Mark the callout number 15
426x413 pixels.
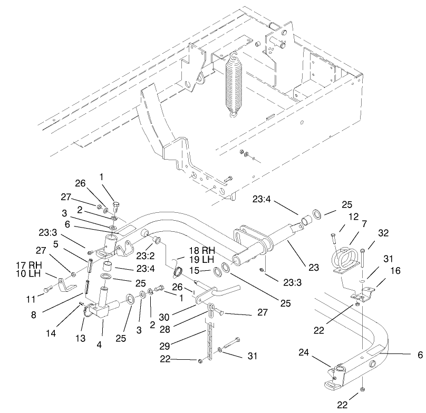pos(193,271)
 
